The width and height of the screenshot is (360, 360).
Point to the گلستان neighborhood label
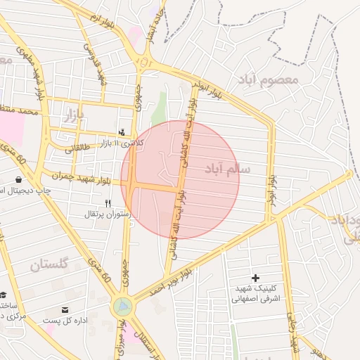click(49, 265)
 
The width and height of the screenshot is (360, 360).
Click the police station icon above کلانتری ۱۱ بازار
click(122, 131)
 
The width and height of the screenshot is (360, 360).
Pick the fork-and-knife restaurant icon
click(107, 203)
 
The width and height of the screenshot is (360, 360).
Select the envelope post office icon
click(65, 309)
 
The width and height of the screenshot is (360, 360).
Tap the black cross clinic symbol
click(255, 278)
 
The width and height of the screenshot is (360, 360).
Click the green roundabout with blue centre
click(123, 306)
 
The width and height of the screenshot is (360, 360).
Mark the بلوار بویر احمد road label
click(169, 280)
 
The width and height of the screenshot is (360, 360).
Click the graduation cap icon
click(4, 295)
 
